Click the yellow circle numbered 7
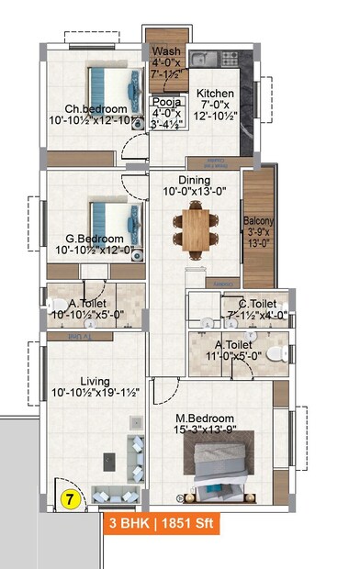pos(69,500)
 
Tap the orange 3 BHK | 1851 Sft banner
pos(161,526)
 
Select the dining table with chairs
pos(195,226)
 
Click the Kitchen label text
pos(214,94)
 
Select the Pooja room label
pos(166,103)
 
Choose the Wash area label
pos(166,51)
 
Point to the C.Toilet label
pos(256,304)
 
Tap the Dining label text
pos(194,180)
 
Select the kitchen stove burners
pos(227,59)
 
